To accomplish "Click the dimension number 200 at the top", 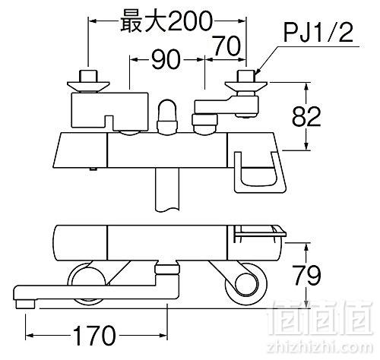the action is (189, 21).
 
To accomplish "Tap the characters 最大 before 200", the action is (143, 21).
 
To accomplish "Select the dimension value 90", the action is (166, 60).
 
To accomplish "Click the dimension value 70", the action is (226, 46).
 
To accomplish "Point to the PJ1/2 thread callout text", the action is (318, 33).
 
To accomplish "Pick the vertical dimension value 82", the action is (306, 116).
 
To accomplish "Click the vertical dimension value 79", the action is (306, 275).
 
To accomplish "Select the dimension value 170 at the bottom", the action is (94, 335).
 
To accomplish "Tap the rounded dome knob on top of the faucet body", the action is (166, 115).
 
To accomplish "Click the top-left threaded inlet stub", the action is (88, 76).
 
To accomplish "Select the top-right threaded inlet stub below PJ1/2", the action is (245, 76).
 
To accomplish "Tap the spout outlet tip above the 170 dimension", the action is (25, 304).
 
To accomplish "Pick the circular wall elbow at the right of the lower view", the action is (245, 283).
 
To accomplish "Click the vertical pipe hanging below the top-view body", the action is (167, 189).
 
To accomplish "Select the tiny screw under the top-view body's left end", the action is (93, 169).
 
